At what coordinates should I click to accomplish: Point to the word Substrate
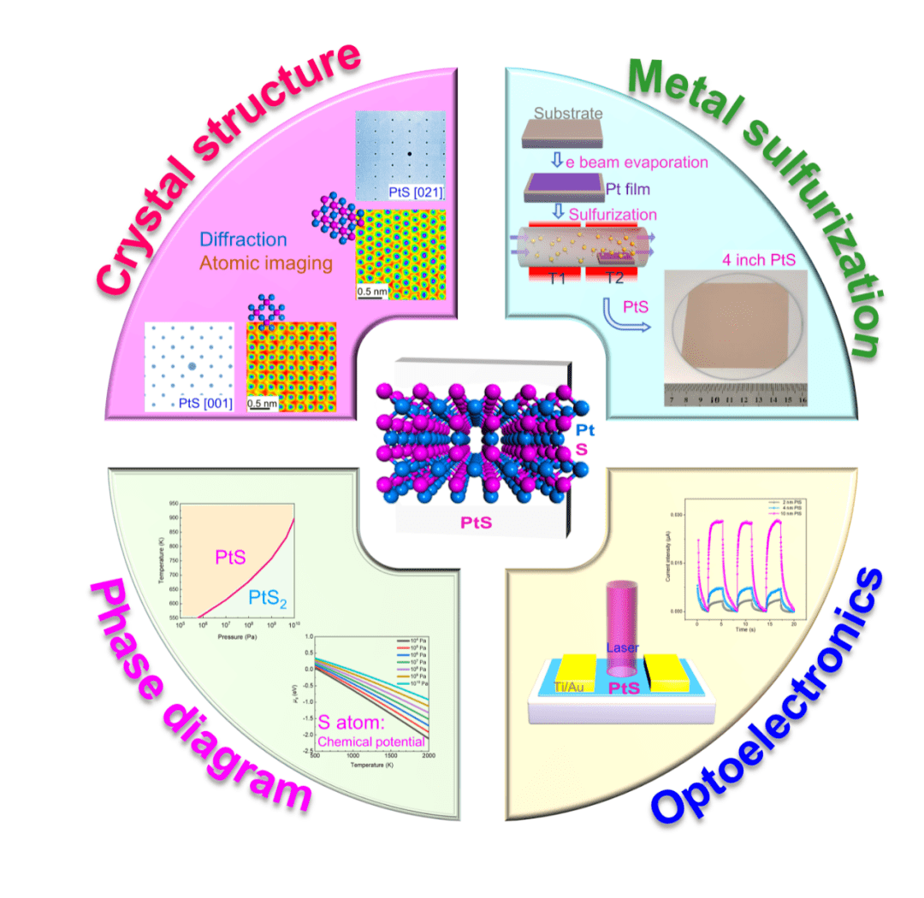pyautogui.click(x=568, y=113)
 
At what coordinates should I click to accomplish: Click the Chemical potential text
pyautogui.click(x=371, y=741)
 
